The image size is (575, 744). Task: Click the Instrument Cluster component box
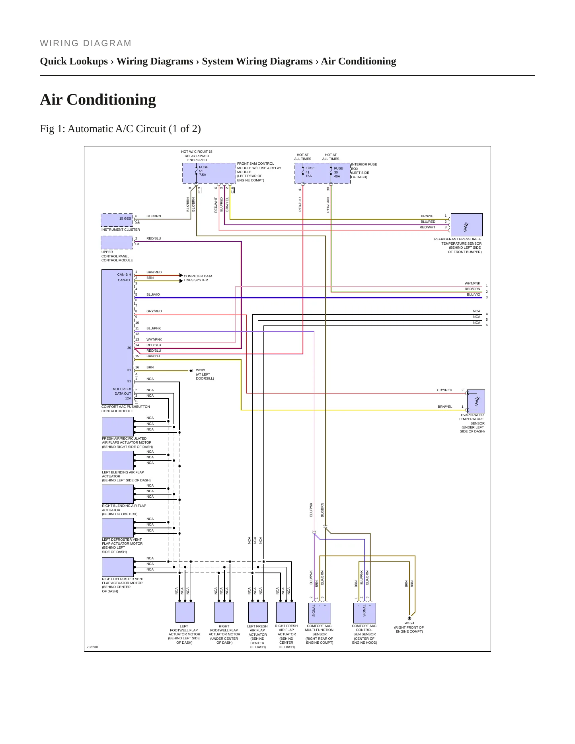(x=117, y=220)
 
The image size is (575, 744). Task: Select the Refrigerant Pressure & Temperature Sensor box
(x=466, y=225)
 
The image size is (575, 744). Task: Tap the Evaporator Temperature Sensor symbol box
(x=476, y=401)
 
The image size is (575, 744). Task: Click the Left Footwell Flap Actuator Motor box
(x=185, y=612)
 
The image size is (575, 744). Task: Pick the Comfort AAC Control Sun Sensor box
(x=364, y=613)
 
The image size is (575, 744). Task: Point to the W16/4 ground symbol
(x=409, y=618)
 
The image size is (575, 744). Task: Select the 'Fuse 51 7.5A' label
(x=203, y=171)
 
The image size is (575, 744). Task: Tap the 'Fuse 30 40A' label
(x=338, y=172)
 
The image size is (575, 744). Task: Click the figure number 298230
(x=92, y=647)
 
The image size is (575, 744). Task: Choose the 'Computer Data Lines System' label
(x=198, y=278)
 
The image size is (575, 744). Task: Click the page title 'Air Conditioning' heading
(x=98, y=99)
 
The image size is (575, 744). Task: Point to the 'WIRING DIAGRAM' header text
(x=86, y=43)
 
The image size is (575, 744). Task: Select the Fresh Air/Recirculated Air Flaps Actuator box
(x=118, y=427)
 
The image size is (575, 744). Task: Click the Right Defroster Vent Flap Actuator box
(x=118, y=567)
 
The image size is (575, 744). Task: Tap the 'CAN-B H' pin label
(x=124, y=275)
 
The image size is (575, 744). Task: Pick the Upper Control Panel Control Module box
(x=117, y=242)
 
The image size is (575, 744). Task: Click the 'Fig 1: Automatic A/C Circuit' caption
(x=120, y=129)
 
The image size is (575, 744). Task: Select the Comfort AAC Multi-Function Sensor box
(x=320, y=613)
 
